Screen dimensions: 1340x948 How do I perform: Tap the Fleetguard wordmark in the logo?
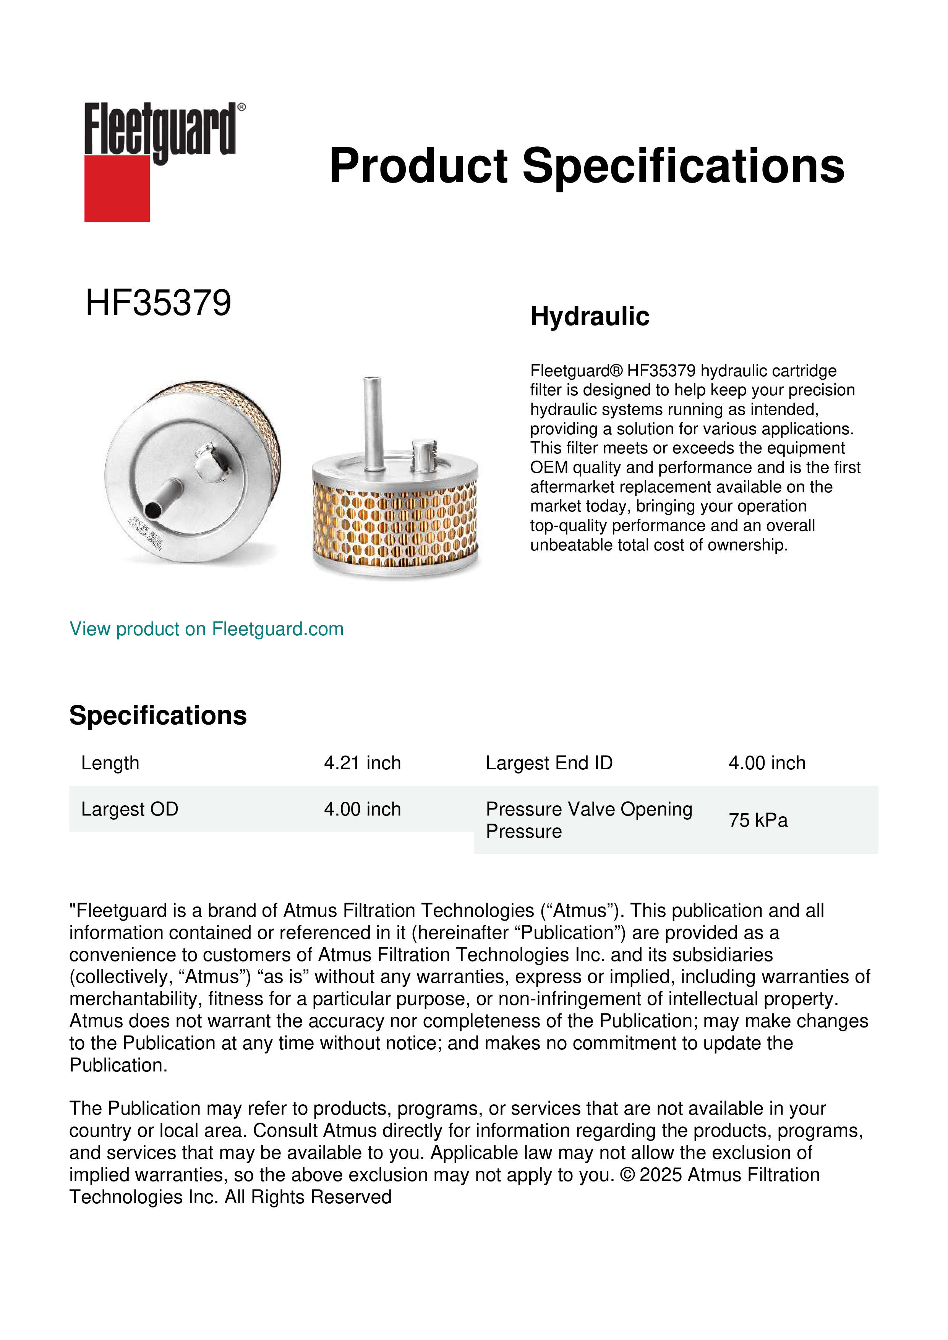coord(160,129)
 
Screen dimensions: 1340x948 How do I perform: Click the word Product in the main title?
coord(418,166)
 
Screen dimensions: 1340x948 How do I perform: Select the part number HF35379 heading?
coord(158,303)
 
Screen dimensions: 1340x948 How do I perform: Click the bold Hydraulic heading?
coord(590,316)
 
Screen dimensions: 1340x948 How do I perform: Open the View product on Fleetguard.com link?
coord(206,629)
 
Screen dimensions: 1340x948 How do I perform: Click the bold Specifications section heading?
coord(157,715)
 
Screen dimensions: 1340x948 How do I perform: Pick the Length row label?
coord(110,763)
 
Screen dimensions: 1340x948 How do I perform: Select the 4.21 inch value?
coord(363,763)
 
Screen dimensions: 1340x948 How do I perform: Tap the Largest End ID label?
coord(549,763)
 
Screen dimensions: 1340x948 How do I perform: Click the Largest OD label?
coord(130,809)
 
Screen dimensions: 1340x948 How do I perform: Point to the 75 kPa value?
coord(758,820)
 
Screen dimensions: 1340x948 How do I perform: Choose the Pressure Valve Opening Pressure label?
coord(588,820)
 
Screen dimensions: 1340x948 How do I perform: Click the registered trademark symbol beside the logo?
coord(241,107)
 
